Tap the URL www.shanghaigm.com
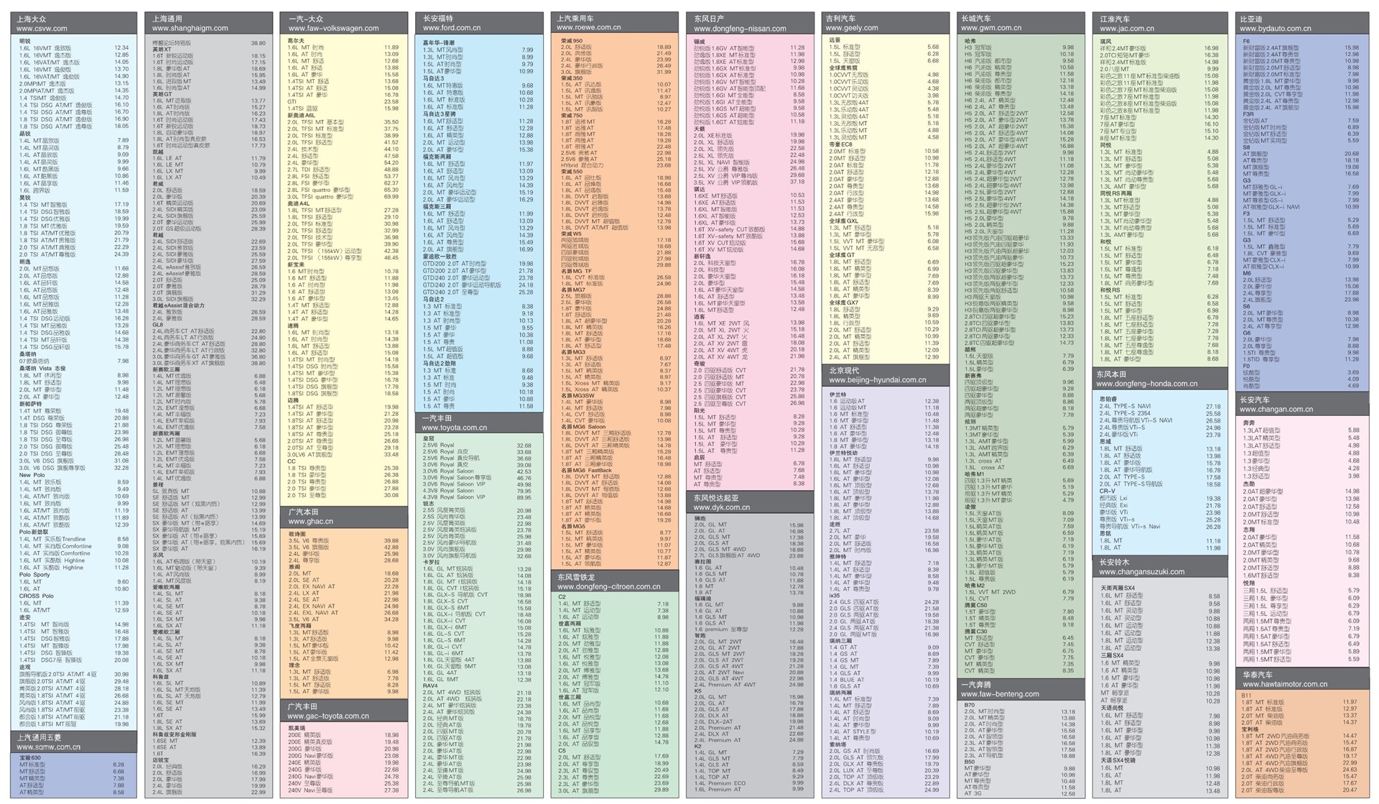point(190,29)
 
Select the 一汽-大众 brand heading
point(306,19)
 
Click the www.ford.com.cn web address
point(451,28)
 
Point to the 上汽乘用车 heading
point(575,18)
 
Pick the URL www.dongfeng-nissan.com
point(740,29)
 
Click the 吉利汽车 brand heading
point(841,19)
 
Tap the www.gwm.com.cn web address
point(991,28)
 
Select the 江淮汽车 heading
point(1115,19)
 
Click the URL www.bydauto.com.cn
point(1276,29)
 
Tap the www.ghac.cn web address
point(311,522)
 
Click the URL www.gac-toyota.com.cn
point(328,716)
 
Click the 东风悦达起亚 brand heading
point(716,497)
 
